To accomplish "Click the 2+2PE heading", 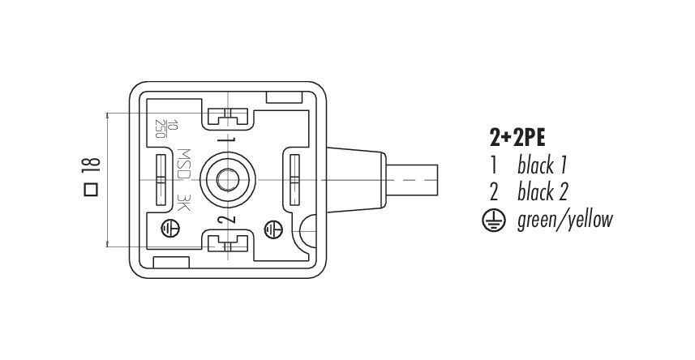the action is click(517, 139).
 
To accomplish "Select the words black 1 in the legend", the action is click(542, 165).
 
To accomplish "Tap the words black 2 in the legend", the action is click(542, 192).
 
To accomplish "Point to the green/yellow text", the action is click(564, 221).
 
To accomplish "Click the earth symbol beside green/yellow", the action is click(493, 220).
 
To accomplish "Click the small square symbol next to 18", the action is click(91, 189).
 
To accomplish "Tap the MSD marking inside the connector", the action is click(184, 164).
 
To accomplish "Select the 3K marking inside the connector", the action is click(183, 203).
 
